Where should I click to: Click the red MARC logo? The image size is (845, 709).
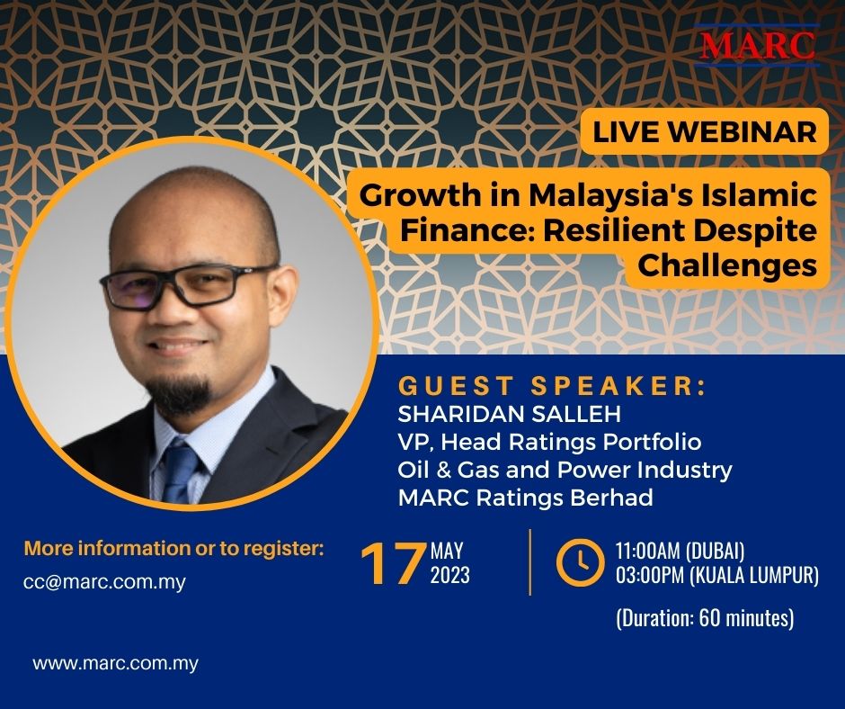(x=757, y=45)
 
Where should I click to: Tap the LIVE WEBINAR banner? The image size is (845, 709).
(x=705, y=131)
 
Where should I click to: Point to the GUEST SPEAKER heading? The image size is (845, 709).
(x=552, y=386)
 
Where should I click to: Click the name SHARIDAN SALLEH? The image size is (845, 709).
(x=510, y=415)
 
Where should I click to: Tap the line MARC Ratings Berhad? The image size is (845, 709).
(x=526, y=498)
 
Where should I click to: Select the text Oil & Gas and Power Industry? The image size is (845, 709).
(x=565, y=470)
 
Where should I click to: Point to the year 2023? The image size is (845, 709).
(x=450, y=575)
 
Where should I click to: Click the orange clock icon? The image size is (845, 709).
(x=581, y=561)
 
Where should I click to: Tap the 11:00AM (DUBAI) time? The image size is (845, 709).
(x=680, y=551)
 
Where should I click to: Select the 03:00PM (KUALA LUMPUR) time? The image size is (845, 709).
(x=717, y=575)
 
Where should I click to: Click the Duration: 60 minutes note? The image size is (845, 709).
(x=705, y=618)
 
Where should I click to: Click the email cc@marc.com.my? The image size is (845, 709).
(x=104, y=582)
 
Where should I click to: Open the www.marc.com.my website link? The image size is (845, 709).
(x=115, y=663)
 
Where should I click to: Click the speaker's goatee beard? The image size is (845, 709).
(x=179, y=394)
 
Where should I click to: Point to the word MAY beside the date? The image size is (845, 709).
(x=447, y=551)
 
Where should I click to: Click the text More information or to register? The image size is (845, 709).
(x=174, y=549)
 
